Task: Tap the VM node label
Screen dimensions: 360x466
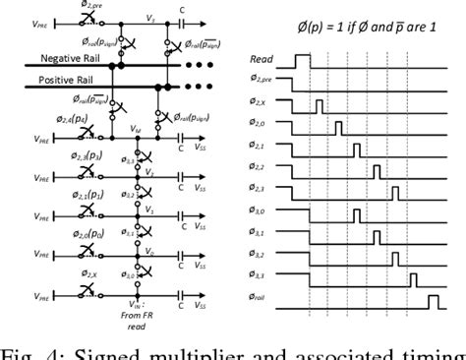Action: click(137, 130)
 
